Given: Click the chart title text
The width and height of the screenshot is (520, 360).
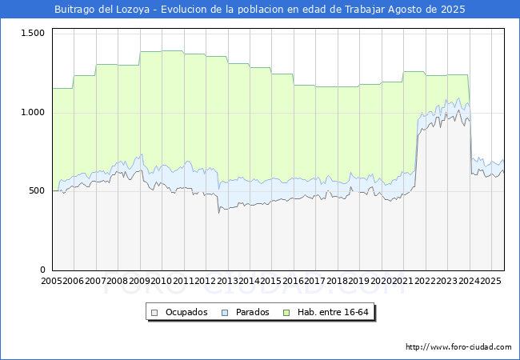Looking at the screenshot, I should click(x=259, y=10).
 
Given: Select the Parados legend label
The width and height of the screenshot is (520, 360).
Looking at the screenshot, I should click(x=253, y=312).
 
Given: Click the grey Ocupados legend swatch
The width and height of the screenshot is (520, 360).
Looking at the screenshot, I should click(x=156, y=312).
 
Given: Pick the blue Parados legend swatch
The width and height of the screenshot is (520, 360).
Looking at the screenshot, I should click(x=226, y=312).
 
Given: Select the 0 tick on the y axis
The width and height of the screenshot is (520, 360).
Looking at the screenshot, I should click(x=44, y=270).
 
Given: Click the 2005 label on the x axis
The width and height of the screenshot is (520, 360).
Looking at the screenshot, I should click(x=52, y=282).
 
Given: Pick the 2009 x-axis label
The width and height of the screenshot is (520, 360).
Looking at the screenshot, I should click(x=140, y=282).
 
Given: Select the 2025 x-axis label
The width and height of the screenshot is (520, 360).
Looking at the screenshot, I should click(x=490, y=282).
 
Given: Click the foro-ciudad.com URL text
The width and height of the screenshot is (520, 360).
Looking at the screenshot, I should click(x=458, y=347).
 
